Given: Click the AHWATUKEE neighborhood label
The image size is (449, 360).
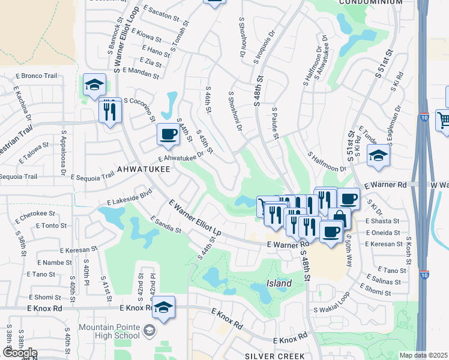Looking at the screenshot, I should pos(143,170).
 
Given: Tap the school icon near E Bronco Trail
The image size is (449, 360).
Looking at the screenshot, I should pos(95,85).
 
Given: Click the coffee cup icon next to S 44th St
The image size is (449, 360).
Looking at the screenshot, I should pos(168,134).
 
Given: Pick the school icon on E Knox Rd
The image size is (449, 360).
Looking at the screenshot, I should pos(163,308).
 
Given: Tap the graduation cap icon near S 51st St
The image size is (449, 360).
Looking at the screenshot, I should pos(378,156).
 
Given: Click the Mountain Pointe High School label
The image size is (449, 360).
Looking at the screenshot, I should pos(109,334).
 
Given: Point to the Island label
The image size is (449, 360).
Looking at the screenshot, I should pos(279,283).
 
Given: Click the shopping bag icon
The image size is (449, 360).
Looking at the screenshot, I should pos(339,218).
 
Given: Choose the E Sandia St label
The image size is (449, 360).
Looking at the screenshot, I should pos(166,224).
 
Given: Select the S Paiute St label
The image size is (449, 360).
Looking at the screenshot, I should pos(276,124).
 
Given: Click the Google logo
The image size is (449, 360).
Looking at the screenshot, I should pos(20,352).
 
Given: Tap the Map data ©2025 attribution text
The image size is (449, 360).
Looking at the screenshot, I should pos(423,355).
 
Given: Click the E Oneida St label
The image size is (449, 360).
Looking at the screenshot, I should pos(382,233).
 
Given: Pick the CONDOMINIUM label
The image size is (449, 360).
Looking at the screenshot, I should pos(370,2).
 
